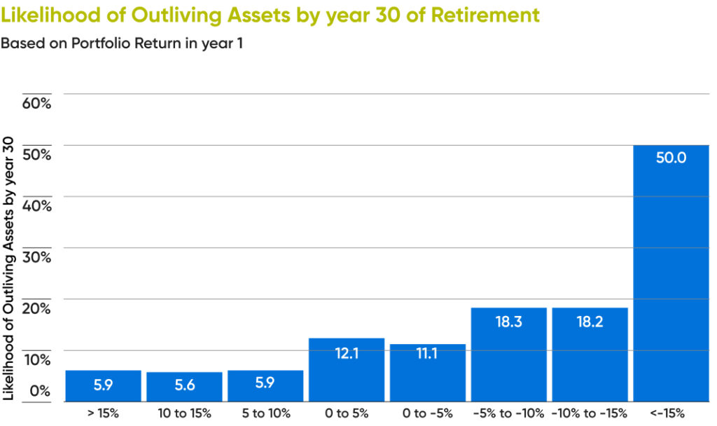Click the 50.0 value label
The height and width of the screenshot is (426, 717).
pos(671,158)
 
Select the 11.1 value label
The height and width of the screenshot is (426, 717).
pos(427,354)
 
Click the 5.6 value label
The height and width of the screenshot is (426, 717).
pos(184,385)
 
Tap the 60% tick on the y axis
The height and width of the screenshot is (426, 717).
pos(37,103)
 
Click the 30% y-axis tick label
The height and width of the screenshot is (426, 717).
pos(37,256)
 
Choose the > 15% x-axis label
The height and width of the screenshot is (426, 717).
pos(103,413)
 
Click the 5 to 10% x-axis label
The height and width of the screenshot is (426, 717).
pos(265,413)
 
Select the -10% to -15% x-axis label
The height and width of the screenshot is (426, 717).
pos(590,413)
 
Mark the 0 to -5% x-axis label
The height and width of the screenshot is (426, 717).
pos(427,413)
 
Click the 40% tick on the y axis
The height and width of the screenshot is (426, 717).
pos(37,205)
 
